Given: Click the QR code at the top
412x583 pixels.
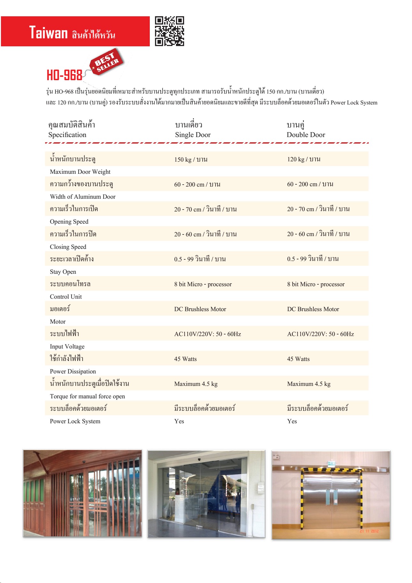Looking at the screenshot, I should pyautogui.click(x=169, y=31).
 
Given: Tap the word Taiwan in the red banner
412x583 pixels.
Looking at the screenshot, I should pyautogui.click(x=49, y=33).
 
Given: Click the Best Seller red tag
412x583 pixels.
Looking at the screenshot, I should pyautogui.click(x=107, y=61).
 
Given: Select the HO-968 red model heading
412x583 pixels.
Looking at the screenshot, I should pyautogui.click(x=65, y=75).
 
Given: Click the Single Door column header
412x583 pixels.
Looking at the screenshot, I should pyautogui.click(x=193, y=135).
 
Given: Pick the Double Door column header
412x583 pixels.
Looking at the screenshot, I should pyautogui.click(x=306, y=135).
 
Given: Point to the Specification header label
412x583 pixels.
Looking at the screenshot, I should pyautogui.click(x=67, y=135).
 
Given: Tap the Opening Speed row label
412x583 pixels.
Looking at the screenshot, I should pyautogui.click(x=69, y=222).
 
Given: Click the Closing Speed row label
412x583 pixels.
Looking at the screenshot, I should pyautogui.click(x=68, y=247).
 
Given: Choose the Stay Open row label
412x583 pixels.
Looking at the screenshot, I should pyautogui.click(x=63, y=272).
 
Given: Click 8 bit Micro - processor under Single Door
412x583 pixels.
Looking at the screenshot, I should pyautogui.click(x=203, y=284).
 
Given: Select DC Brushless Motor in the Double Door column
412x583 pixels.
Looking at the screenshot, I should pyautogui.click(x=313, y=309).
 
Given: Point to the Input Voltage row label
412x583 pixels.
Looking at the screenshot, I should pyautogui.click(x=67, y=347).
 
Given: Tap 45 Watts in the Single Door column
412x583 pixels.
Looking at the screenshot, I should pyautogui.click(x=185, y=359).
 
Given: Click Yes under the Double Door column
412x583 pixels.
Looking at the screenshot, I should pyautogui.click(x=292, y=421).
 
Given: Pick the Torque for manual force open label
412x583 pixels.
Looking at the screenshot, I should pyautogui.click(x=87, y=396).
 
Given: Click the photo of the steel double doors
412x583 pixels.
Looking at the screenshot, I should pyautogui.click(x=331, y=495).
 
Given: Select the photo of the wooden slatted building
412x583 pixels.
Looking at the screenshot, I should pyautogui.click(x=82, y=493).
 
